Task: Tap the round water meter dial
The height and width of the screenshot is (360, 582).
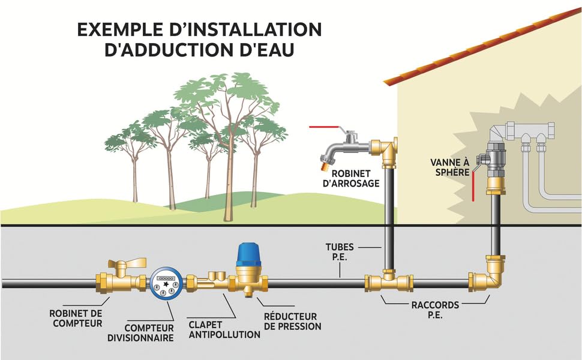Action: click(166, 283)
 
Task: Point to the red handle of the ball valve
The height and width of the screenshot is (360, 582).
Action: click(473, 185)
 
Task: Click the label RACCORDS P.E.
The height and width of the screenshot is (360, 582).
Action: click(427, 310)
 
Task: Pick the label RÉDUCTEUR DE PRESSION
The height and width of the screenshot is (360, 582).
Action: click(292, 321)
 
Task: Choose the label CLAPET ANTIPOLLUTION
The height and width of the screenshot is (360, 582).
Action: click(224, 329)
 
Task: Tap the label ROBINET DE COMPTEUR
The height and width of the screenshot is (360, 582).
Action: click(76, 319)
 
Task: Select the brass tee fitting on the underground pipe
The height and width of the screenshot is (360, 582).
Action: click(389, 280)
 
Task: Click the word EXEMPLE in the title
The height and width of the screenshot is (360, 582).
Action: click(130, 29)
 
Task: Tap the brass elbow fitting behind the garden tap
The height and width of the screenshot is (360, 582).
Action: click(382, 148)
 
